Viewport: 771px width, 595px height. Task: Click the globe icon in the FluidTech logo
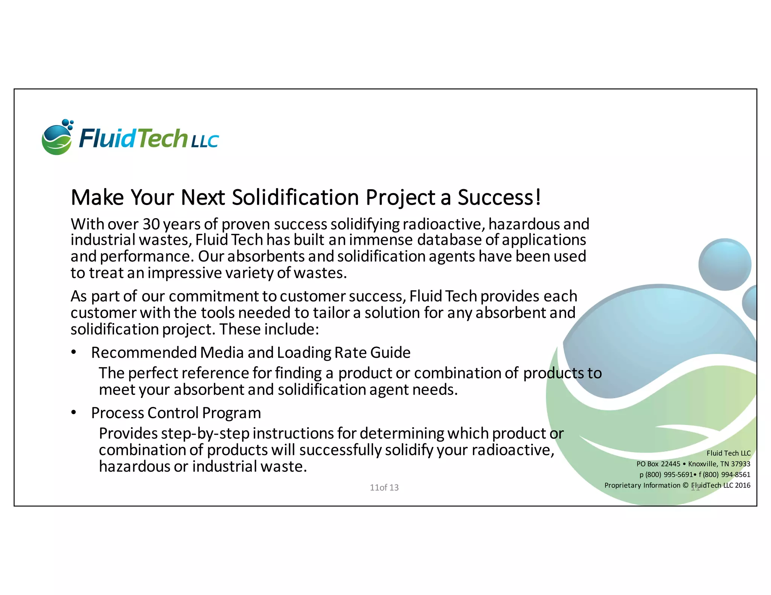coord(56,139)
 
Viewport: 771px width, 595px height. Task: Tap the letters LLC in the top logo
coord(204,142)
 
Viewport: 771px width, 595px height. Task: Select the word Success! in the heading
coord(499,197)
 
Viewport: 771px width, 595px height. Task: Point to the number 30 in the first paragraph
coord(151,225)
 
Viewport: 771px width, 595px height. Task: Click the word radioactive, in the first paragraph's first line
coord(443,225)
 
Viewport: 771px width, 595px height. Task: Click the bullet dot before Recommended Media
coord(74,352)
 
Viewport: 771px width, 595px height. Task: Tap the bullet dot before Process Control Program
coord(74,413)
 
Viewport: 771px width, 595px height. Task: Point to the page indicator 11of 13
coord(384,487)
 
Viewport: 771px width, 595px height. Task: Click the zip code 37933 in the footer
coord(741,464)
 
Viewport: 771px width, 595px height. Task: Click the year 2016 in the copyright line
coord(742,485)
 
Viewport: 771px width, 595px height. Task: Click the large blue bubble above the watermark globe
coord(724,264)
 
